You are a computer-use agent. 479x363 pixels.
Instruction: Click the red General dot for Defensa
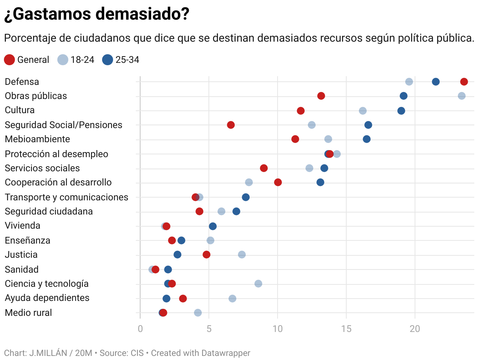pyautogui.click(x=464, y=82)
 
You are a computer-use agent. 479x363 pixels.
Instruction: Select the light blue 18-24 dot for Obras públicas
pyautogui.click(x=461, y=96)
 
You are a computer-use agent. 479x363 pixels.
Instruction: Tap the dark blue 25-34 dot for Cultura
pyautogui.click(x=401, y=111)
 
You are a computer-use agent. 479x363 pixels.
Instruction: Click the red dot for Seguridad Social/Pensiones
pyautogui.click(x=230, y=125)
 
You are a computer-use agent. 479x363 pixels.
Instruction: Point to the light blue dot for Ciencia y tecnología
pyautogui.click(x=258, y=284)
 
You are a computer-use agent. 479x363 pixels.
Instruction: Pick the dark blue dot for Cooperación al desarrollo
pyautogui.click(x=320, y=182)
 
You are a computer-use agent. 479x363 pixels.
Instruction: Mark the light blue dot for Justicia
pyautogui.click(x=241, y=255)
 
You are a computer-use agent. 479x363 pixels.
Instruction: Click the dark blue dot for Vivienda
pyautogui.click(x=212, y=226)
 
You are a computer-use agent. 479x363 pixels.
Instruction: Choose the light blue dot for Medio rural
pyautogui.click(x=197, y=313)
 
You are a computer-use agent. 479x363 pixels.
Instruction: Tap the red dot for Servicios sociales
pyautogui.click(x=263, y=168)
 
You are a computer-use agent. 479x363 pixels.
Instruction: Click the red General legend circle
pyautogui.click(x=9, y=60)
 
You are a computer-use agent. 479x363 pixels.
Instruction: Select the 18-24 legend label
pyautogui.click(x=82, y=60)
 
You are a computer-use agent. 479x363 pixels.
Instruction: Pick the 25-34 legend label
pyautogui.click(x=127, y=60)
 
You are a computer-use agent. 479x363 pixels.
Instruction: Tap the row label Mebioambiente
pyautogui.click(x=37, y=139)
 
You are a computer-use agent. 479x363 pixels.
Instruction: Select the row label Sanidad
pyautogui.click(x=22, y=269)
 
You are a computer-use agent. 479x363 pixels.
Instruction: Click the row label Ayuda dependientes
pyautogui.click(x=47, y=298)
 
